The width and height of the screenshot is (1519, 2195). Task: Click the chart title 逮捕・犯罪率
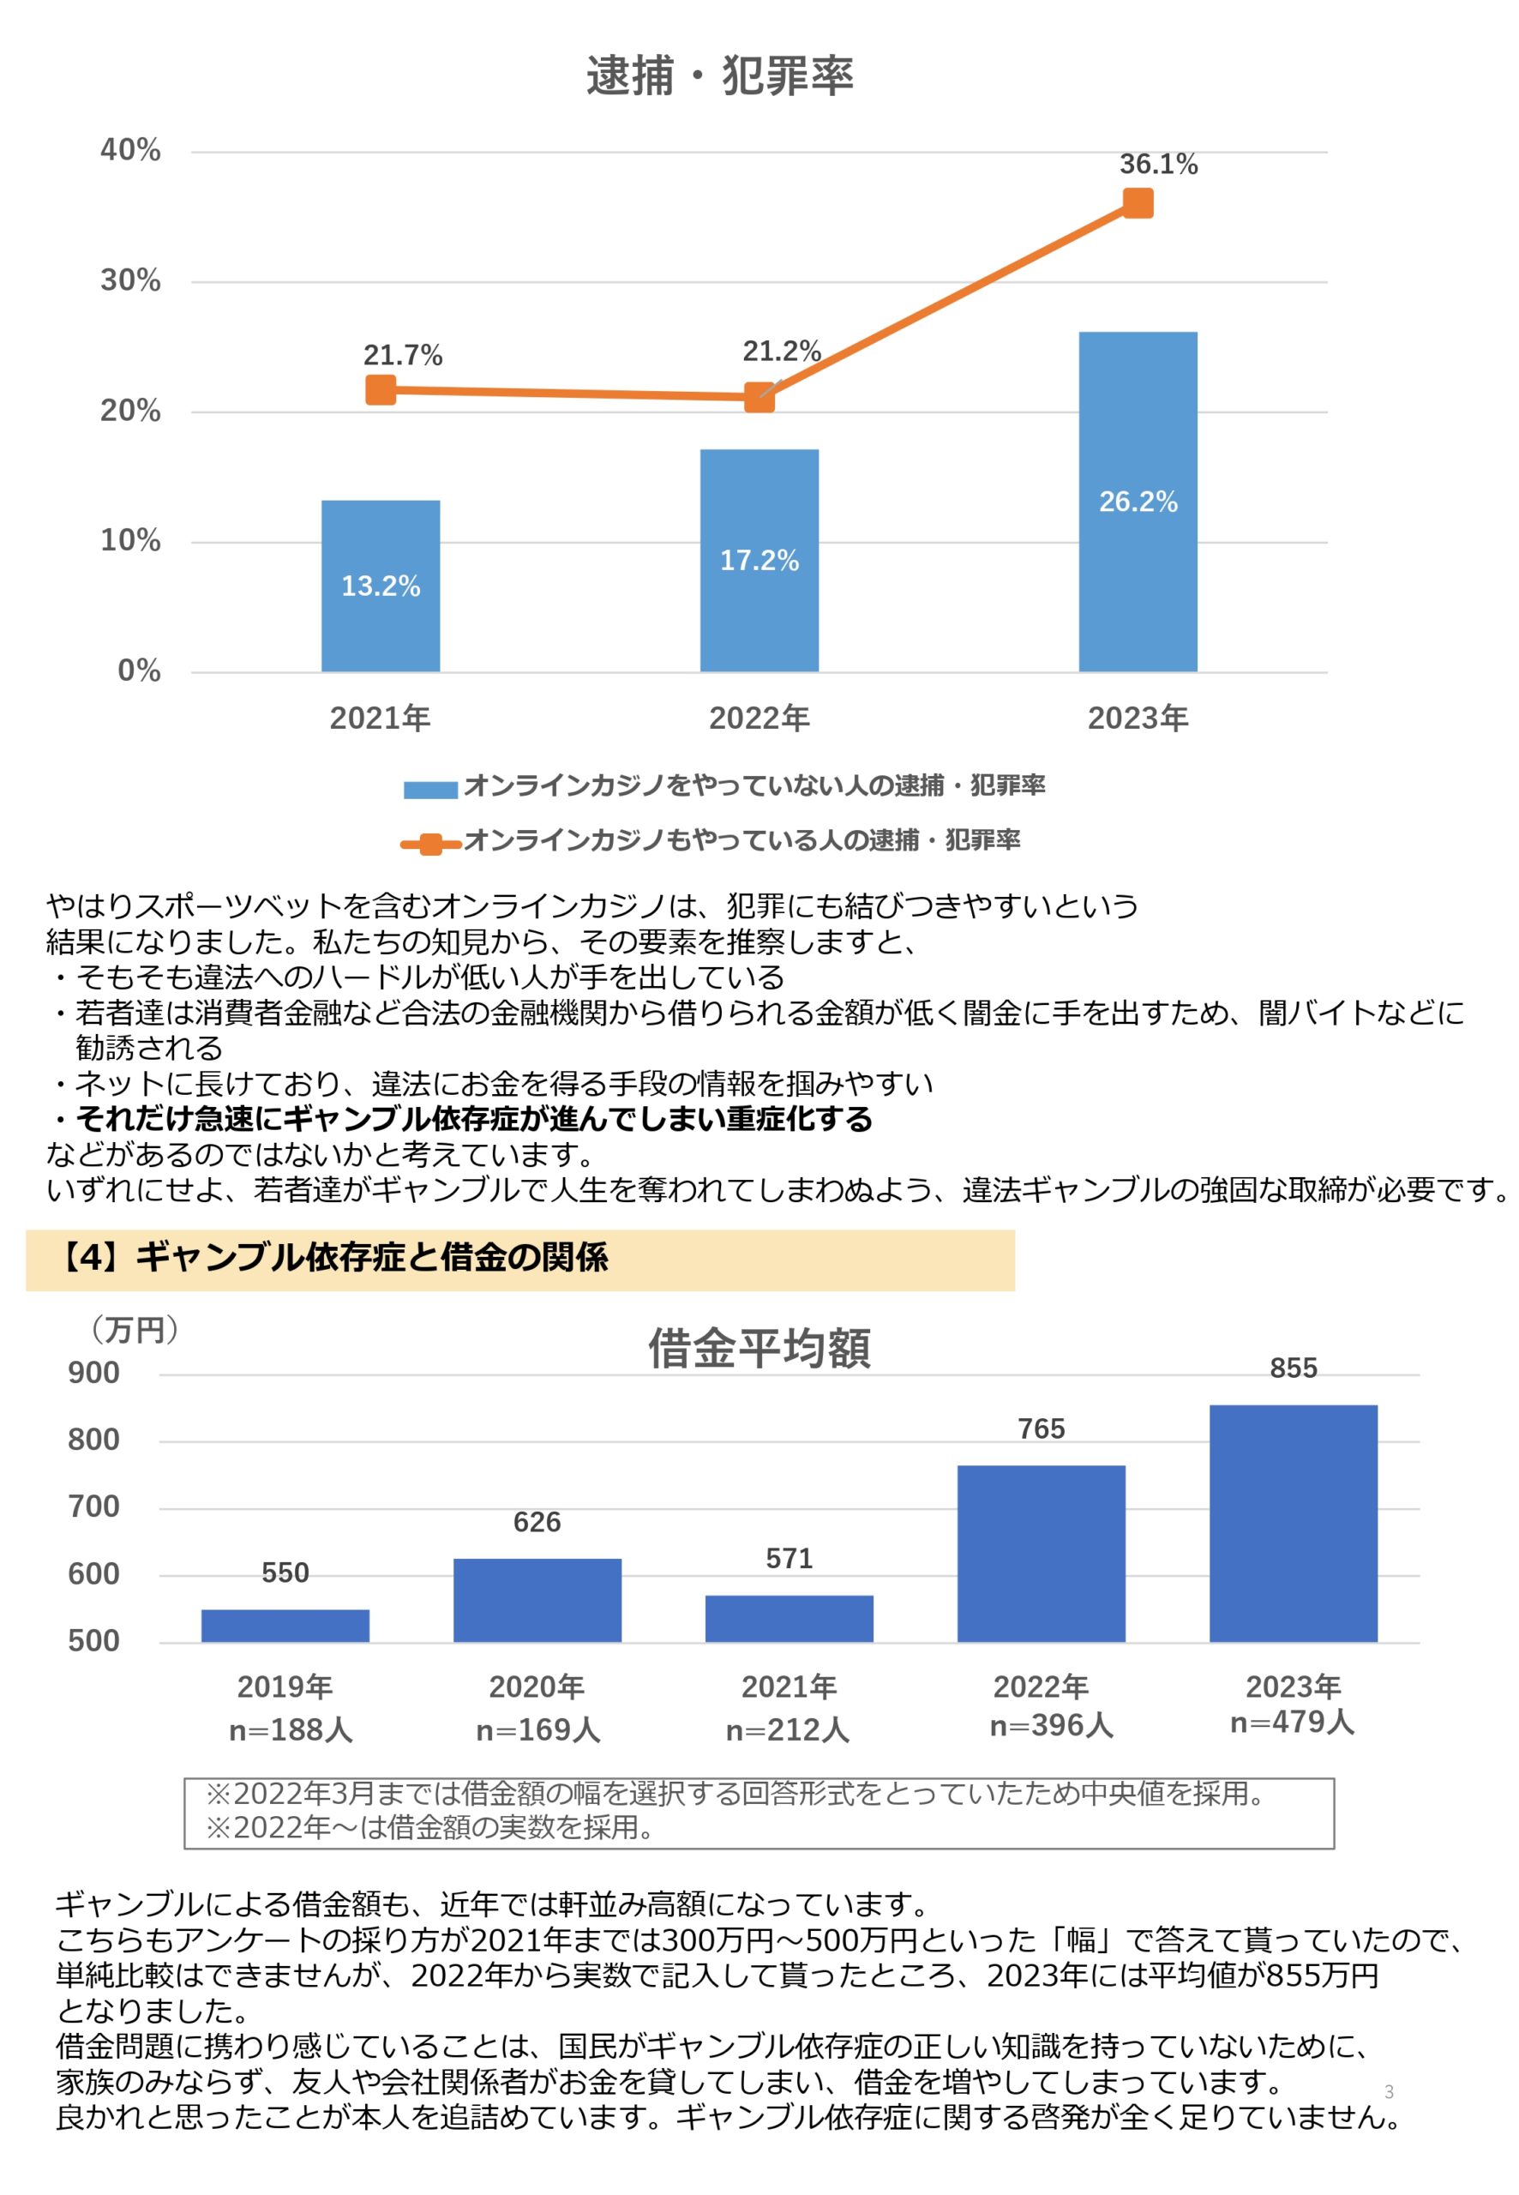[719, 75]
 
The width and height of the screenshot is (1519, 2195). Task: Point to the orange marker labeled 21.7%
[380, 389]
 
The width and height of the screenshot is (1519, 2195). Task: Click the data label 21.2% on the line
[782, 352]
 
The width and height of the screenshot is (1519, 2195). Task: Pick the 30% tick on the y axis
[130, 280]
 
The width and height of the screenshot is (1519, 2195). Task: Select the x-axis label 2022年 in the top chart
[759, 718]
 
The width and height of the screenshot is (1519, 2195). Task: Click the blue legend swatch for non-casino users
[430, 788]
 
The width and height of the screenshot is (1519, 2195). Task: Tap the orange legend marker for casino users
[430, 844]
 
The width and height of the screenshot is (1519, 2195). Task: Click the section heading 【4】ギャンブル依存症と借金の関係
[331, 1258]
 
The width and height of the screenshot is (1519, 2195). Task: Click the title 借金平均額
[759, 1348]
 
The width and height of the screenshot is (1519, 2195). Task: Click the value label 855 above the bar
[1293, 1368]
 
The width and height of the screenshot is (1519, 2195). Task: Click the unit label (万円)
[135, 1330]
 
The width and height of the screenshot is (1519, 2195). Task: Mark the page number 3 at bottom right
[1389, 2091]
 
